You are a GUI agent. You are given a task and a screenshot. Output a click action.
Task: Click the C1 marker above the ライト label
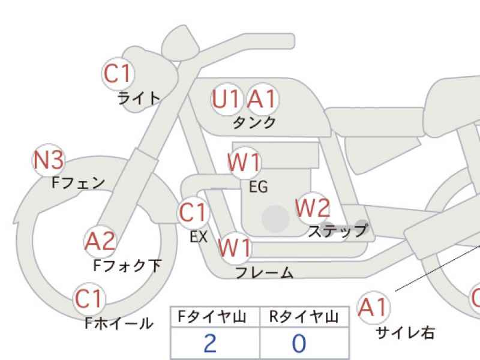click(x=118, y=73)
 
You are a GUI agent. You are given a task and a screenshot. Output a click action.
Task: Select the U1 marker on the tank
click(x=226, y=99)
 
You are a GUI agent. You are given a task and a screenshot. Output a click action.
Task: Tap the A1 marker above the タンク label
click(x=263, y=99)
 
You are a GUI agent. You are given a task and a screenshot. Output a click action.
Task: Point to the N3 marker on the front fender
click(x=49, y=160)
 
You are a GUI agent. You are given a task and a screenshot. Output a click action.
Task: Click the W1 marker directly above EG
click(x=244, y=162)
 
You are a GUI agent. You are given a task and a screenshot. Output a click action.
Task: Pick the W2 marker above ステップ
click(x=313, y=208)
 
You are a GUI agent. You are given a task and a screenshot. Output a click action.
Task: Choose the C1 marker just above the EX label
click(x=193, y=212)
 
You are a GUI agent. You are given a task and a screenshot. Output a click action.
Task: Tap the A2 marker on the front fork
click(x=100, y=242)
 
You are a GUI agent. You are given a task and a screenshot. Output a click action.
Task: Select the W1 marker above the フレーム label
click(x=235, y=248)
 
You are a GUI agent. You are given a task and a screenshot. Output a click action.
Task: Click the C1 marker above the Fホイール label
click(x=89, y=299)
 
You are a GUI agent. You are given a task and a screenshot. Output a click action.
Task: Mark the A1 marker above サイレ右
click(x=373, y=307)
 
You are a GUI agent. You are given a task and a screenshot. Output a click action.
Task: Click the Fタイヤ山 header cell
click(x=215, y=317)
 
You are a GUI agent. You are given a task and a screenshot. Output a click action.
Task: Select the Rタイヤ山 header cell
click(x=305, y=317)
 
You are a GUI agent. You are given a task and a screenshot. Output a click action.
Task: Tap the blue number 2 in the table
click(x=210, y=343)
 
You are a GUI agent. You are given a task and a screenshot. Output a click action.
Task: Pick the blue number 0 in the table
click(x=299, y=343)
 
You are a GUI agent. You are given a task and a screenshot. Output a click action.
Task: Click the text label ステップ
click(x=338, y=230)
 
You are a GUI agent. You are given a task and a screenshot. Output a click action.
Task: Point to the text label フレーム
click(x=265, y=272)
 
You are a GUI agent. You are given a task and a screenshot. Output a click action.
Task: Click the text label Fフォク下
click(x=127, y=266)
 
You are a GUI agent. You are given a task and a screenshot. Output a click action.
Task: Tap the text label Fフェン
click(x=79, y=183)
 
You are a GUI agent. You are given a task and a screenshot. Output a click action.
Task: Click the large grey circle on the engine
click(x=275, y=218)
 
